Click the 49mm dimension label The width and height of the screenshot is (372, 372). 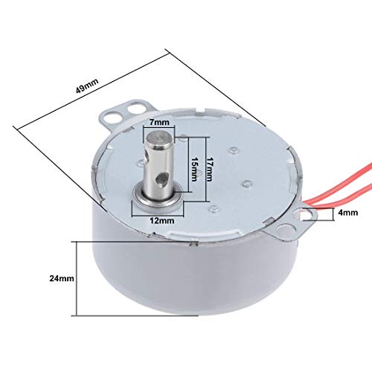click(87, 86)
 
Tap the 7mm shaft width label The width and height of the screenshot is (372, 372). click(160, 122)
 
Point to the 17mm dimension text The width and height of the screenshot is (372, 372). click(210, 169)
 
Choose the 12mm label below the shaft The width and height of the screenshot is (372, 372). click(161, 220)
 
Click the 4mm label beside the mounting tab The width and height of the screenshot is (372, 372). click(348, 213)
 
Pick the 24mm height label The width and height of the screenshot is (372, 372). click(62, 278)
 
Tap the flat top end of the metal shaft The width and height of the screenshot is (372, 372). click(160, 138)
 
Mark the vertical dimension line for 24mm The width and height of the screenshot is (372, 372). click(77, 278)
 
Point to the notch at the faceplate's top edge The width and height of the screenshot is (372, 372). click(200, 110)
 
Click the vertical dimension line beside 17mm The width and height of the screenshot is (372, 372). click(206, 169)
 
